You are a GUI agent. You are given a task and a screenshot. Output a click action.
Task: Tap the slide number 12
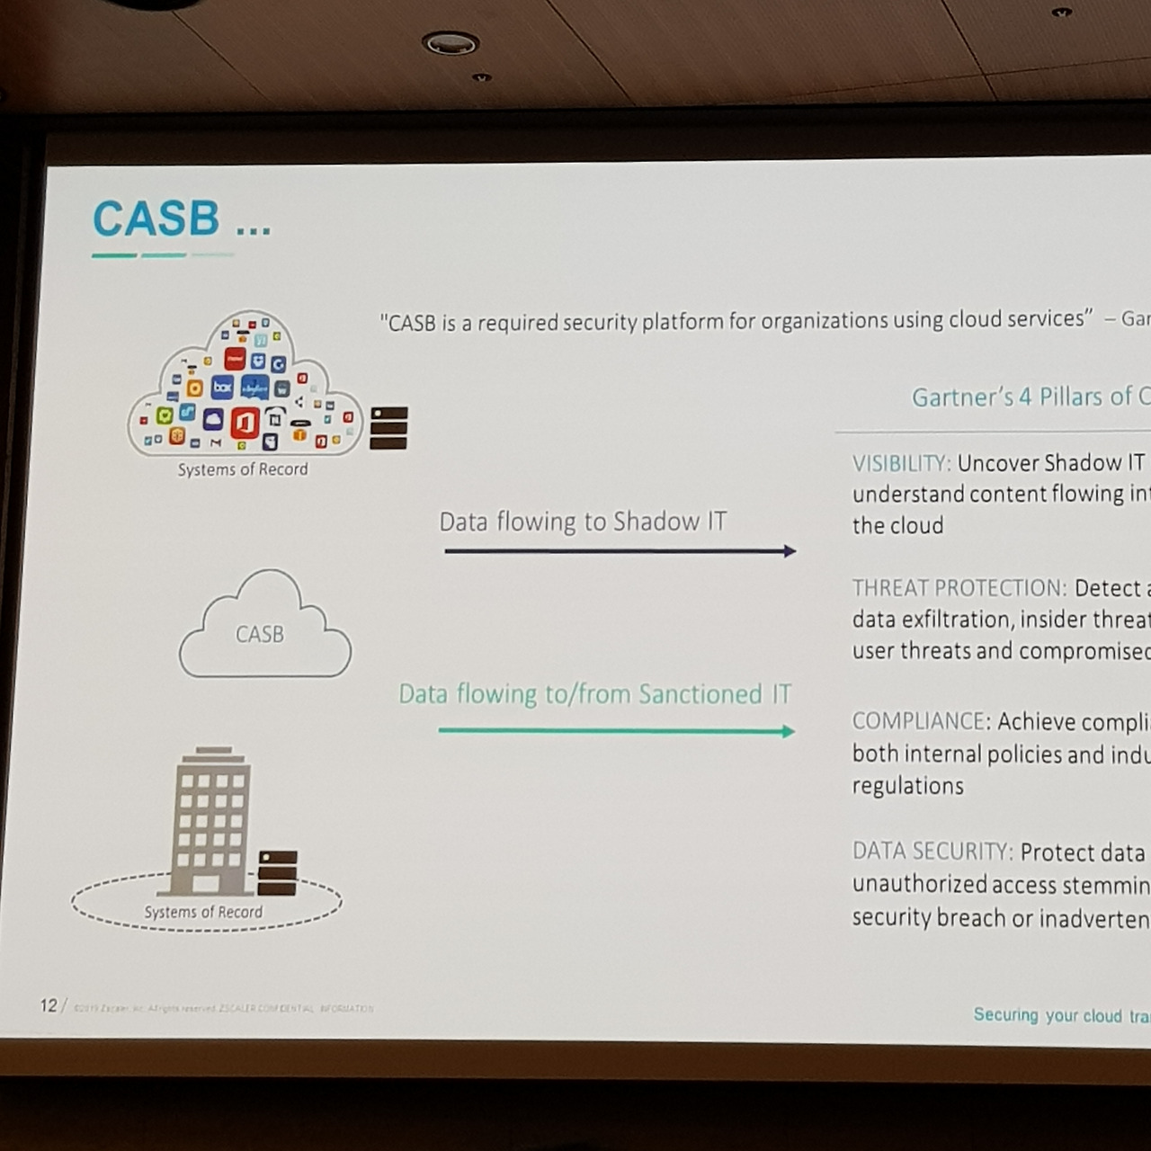pyautogui.click(x=49, y=1005)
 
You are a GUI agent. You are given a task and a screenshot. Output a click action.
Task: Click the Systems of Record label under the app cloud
pyautogui.click(x=243, y=469)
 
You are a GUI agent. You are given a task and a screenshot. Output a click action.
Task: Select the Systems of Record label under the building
pyautogui.click(x=203, y=912)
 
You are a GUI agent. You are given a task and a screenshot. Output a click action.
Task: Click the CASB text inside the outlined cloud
pyautogui.click(x=260, y=634)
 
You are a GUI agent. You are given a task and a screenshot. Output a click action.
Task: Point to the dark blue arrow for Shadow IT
pyautogui.click(x=620, y=551)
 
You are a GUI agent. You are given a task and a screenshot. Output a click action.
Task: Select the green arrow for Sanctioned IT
pyautogui.click(x=616, y=731)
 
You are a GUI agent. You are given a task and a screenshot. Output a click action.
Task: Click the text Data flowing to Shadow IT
pyautogui.click(x=583, y=522)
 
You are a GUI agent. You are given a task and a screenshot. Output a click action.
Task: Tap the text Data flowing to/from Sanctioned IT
pyautogui.click(x=594, y=694)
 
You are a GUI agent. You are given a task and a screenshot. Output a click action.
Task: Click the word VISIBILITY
pyautogui.click(x=900, y=464)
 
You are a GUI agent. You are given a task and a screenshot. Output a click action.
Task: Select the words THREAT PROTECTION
pyautogui.click(x=959, y=588)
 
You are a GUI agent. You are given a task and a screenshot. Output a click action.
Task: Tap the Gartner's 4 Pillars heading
pyautogui.click(x=1030, y=397)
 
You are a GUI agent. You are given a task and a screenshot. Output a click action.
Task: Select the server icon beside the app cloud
pyautogui.click(x=388, y=428)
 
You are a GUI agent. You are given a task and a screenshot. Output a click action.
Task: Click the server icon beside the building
pyautogui.click(x=277, y=873)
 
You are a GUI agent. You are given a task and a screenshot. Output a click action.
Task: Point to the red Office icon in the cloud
pyautogui.click(x=245, y=422)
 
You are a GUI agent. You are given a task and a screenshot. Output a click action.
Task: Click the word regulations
pyautogui.click(x=907, y=786)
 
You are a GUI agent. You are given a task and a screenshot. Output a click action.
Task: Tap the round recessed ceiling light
pyautogui.click(x=450, y=42)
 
